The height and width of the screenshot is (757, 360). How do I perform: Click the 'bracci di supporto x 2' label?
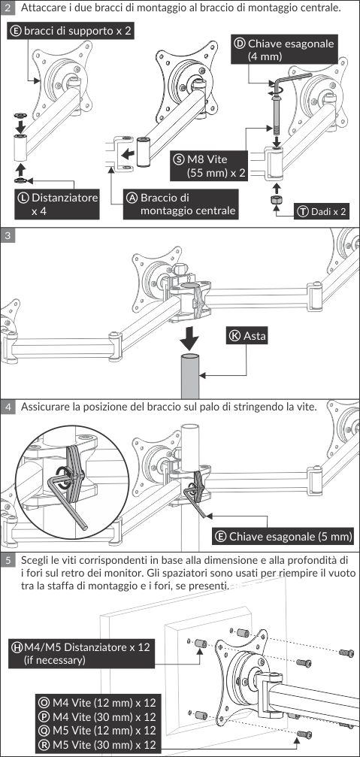[71, 32]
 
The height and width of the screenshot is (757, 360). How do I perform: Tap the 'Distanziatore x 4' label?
[57, 204]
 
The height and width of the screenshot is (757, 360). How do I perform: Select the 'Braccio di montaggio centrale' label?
[181, 204]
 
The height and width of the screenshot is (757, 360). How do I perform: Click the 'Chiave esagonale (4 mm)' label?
[283, 50]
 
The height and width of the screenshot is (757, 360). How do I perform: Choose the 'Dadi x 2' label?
[322, 211]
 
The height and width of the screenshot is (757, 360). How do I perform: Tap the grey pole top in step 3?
[189, 358]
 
